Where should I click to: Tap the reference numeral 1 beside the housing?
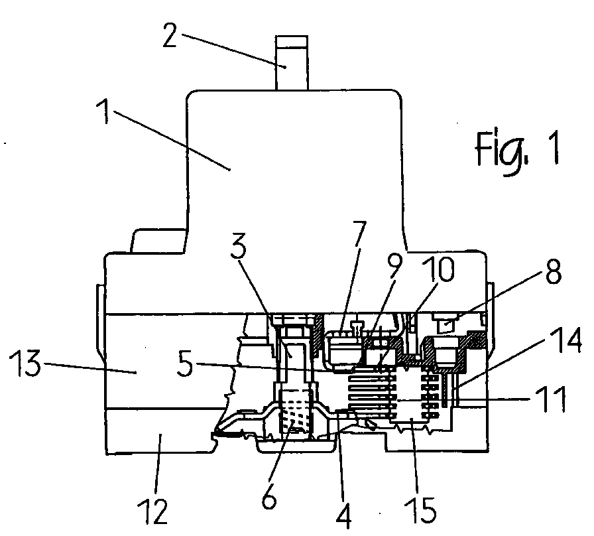(103, 112)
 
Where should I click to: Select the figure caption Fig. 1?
(517, 153)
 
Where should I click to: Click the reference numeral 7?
(359, 233)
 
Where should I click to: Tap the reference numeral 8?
(553, 271)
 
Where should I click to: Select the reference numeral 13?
(25, 363)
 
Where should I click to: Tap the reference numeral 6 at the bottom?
(269, 496)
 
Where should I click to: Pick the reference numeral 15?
(420, 510)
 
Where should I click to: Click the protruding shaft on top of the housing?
(292, 63)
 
